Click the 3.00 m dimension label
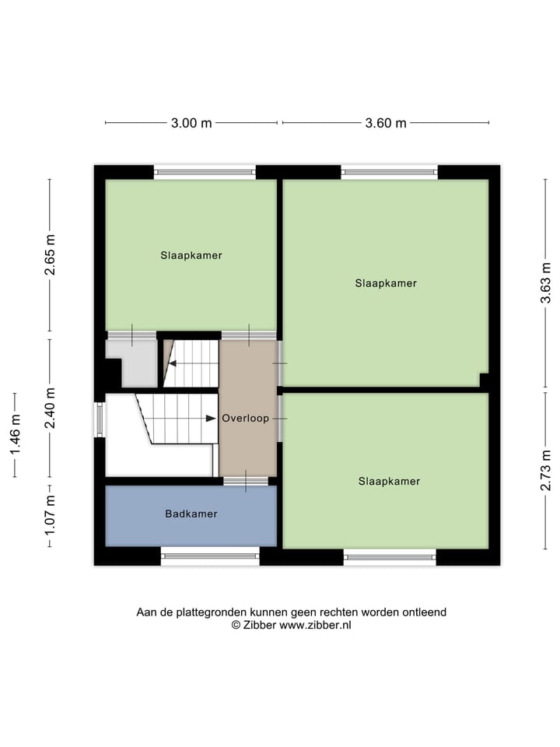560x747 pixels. click(191, 123)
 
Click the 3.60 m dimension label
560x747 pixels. click(385, 123)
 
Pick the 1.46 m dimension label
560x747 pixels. click(14, 435)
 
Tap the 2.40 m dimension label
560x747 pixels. click(50, 409)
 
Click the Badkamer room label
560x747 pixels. click(191, 514)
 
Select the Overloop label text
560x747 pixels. click(245, 419)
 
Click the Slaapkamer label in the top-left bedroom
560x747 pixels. click(191, 255)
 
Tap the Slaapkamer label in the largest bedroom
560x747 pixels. click(386, 283)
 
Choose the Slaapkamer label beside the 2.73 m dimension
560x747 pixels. click(389, 482)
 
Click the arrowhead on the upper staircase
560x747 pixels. click(173, 363)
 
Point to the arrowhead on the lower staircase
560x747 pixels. click(211, 419)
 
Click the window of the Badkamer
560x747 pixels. click(210, 555)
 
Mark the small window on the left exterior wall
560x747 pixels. click(98, 419)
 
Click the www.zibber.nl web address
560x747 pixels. click(315, 625)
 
